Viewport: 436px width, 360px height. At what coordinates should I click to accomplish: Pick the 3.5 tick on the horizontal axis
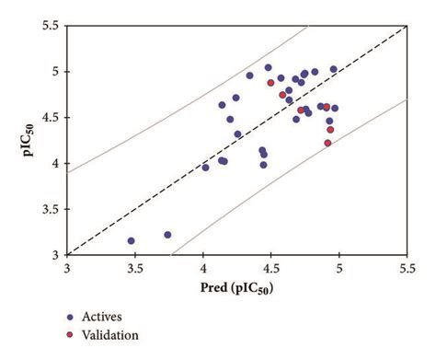coord(135,269)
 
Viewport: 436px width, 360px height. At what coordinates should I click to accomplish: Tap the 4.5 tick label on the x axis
coord(270,269)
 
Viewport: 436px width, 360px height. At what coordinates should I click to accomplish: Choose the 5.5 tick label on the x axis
coord(406,269)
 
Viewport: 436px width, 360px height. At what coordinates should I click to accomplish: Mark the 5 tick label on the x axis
coord(338,269)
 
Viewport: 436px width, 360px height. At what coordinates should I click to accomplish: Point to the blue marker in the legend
coord(70,317)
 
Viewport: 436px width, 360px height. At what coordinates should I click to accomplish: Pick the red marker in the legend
coord(70,335)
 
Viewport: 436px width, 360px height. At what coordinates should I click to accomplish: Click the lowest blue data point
coord(132,240)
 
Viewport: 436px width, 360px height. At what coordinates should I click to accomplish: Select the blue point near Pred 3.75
coord(167,235)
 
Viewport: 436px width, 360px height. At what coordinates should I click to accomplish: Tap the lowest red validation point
coord(327,143)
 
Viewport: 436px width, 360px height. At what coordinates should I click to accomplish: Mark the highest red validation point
coord(271,83)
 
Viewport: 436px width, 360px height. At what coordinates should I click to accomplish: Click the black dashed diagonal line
coord(236,140)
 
